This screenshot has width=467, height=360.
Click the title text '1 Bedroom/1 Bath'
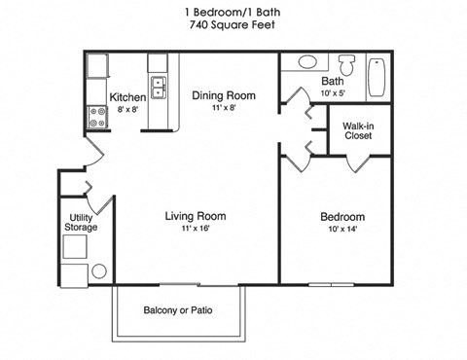231,12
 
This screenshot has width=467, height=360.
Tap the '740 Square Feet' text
231,26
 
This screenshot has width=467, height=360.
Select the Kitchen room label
127,97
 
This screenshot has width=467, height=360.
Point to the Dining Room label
223,95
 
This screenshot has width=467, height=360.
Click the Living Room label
196,216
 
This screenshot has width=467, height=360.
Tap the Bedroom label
342,216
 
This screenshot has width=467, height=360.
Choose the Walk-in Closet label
359,130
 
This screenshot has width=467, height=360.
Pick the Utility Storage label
82,222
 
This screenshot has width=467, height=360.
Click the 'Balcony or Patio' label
179,311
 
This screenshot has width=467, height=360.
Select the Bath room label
333,82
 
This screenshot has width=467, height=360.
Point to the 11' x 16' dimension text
196,229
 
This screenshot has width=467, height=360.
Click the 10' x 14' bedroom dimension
342,230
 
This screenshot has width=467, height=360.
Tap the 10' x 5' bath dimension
333,93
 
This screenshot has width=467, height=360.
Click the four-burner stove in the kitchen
97,118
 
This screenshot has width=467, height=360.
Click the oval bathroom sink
307,61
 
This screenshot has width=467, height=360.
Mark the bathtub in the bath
377,76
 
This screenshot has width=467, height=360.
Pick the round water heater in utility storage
98,272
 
